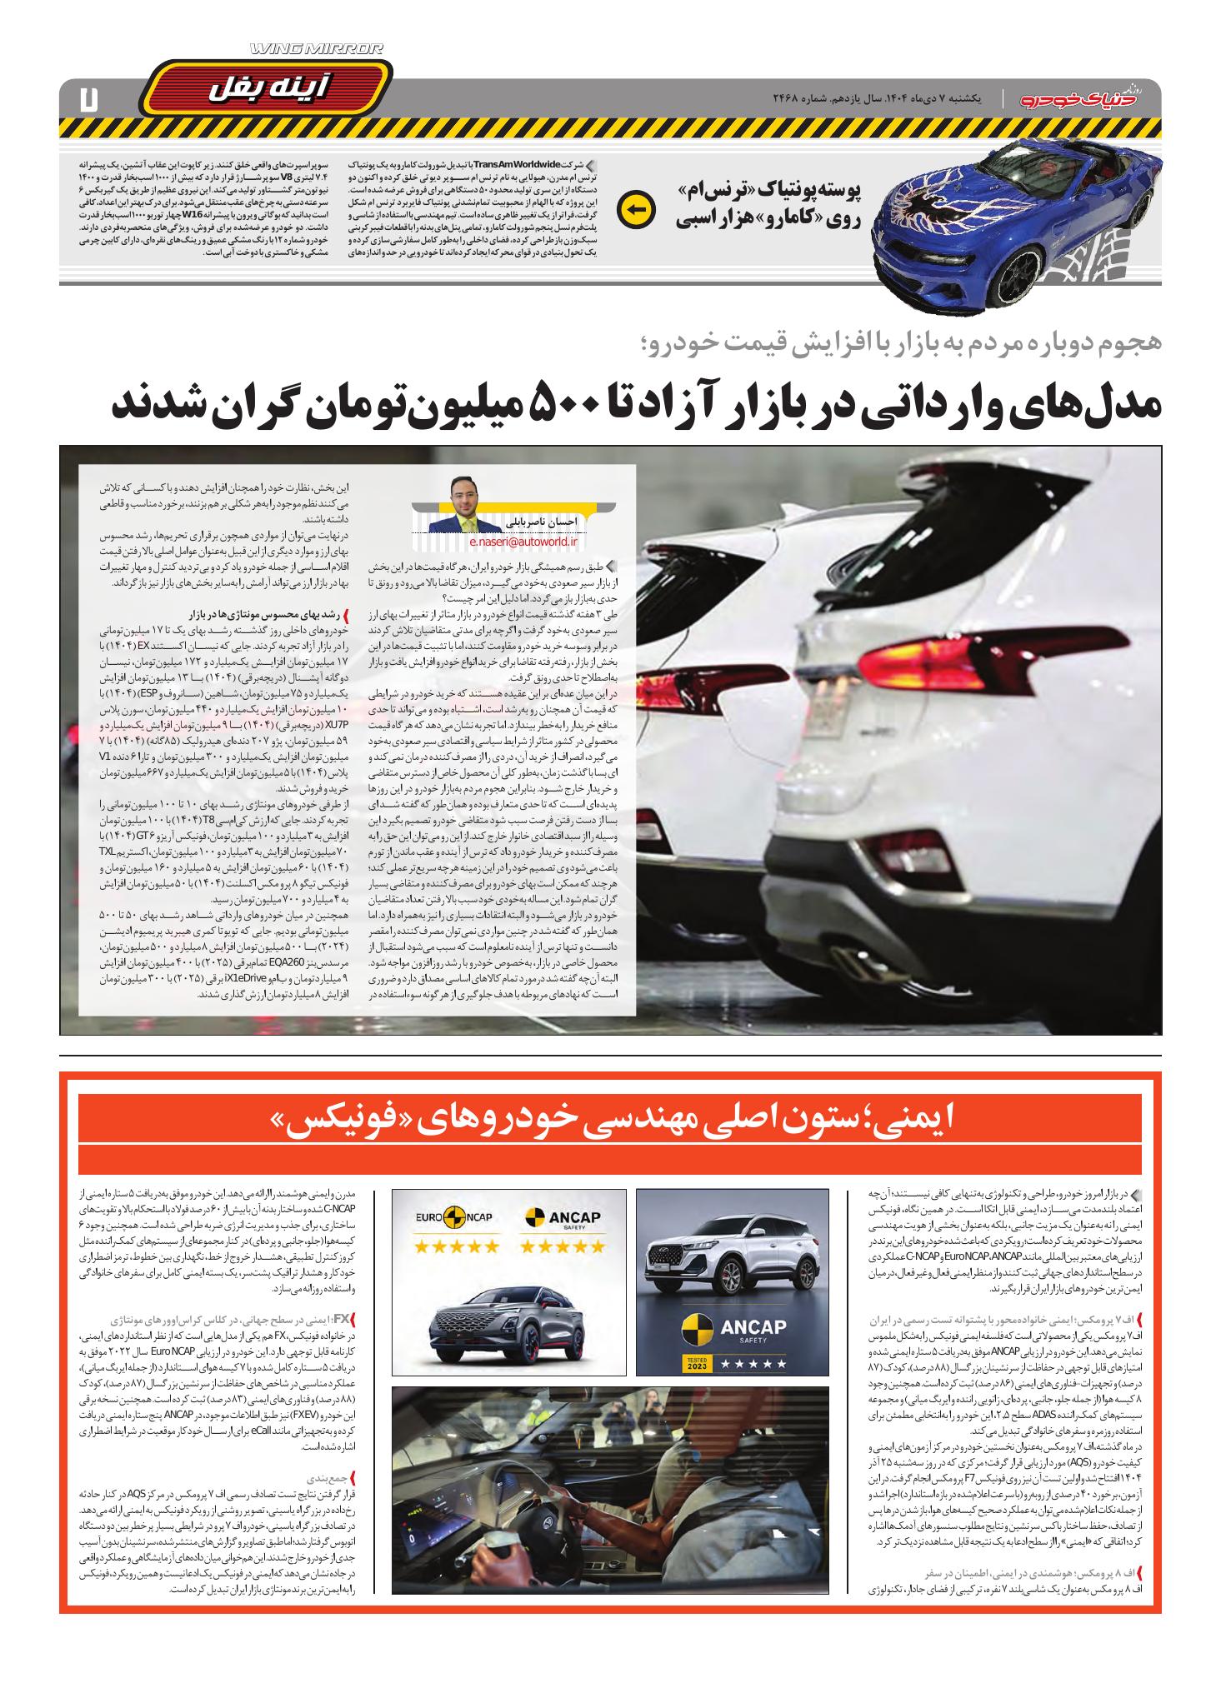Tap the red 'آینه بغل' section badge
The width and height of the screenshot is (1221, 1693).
click(265, 86)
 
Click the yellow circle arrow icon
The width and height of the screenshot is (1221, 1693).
click(636, 208)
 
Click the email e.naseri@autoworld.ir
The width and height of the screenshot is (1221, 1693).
click(517, 542)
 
